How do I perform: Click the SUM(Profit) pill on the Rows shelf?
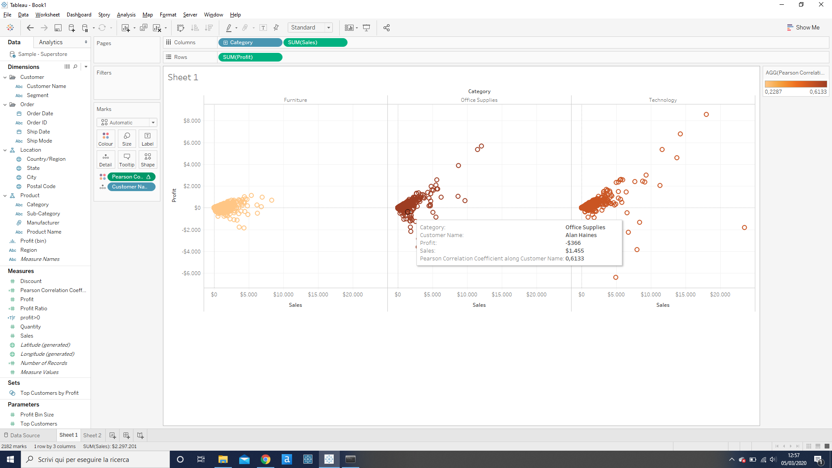point(250,57)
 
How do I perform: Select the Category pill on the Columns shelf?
point(250,42)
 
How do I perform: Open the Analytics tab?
point(51,42)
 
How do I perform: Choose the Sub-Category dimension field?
point(43,214)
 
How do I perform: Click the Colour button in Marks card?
point(105,139)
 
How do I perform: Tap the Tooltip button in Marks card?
point(127,159)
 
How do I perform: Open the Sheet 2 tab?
point(92,435)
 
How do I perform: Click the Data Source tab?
point(25,435)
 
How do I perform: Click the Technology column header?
point(663,100)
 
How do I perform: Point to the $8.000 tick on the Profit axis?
point(192,121)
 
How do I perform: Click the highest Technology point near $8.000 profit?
point(706,114)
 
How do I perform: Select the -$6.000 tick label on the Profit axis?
point(191,273)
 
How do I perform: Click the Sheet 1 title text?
point(183,77)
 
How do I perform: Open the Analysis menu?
point(126,15)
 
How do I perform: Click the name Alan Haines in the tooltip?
point(581,235)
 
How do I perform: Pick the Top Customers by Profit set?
point(49,393)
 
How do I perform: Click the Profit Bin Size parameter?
point(37,415)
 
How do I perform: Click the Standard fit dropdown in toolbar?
point(310,27)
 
